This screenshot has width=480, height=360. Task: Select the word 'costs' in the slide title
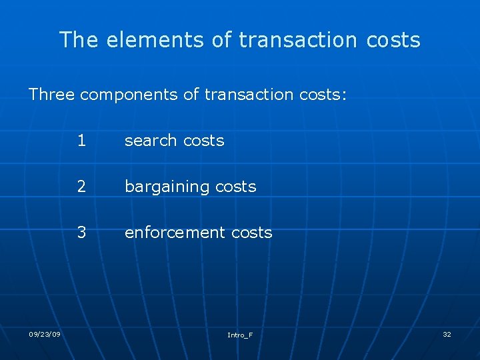(x=393, y=40)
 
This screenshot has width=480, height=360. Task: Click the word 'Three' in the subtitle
(x=52, y=95)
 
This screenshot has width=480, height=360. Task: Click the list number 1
(x=81, y=141)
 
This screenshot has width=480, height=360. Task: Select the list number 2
(x=81, y=187)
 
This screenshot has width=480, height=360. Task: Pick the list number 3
(x=81, y=233)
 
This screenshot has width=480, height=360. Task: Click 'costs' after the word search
(x=203, y=141)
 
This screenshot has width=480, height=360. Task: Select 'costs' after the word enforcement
(x=251, y=233)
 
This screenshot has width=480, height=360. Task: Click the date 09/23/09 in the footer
(x=45, y=334)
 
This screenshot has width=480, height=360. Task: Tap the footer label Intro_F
(x=240, y=335)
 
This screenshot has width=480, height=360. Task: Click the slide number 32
(x=447, y=334)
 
